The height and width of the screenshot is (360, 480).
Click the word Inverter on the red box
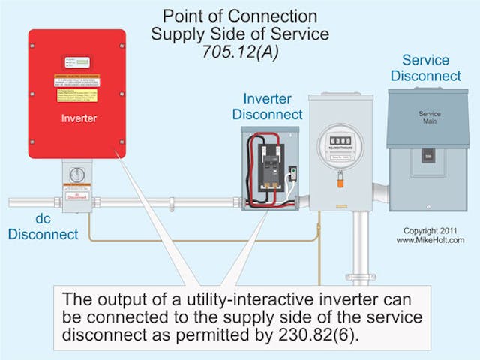tap(76, 118)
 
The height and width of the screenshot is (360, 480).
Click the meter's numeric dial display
tap(341, 141)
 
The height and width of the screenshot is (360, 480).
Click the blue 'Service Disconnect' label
tap(431, 67)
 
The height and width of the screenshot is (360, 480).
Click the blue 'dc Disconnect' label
tap(43, 227)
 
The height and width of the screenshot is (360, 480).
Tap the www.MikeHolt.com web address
tap(430, 240)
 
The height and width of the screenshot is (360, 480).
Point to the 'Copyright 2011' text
tap(430, 230)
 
